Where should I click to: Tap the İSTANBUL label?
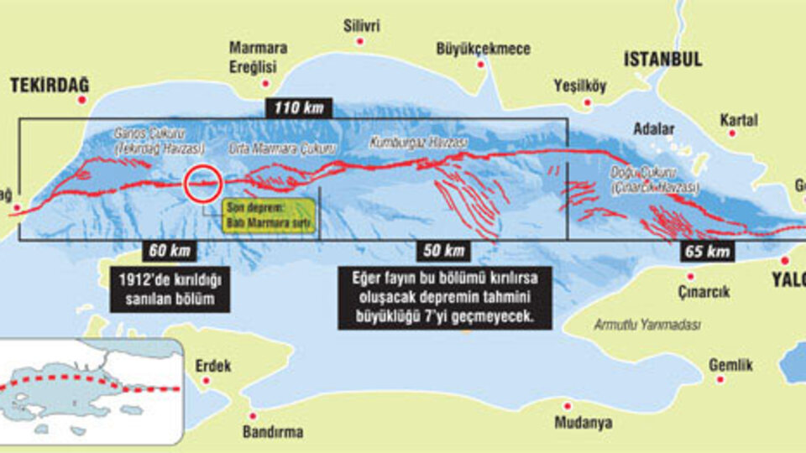pyautogui.click(x=662, y=59)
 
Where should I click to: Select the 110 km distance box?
pyautogui.click(x=299, y=108)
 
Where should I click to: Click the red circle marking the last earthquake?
pyautogui.click(x=203, y=183)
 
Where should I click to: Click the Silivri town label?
pyautogui.click(x=361, y=26)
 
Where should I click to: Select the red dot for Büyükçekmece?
pyautogui.click(x=482, y=64)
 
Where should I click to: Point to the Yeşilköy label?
pyautogui.click(x=579, y=85)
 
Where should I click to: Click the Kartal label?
pyautogui.click(x=738, y=120)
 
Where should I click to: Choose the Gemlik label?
pyautogui.click(x=730, y=366)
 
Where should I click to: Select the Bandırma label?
pyautogui.click(x=272, y=432)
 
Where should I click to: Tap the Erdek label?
pyautogui.click(x=212, y=366)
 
